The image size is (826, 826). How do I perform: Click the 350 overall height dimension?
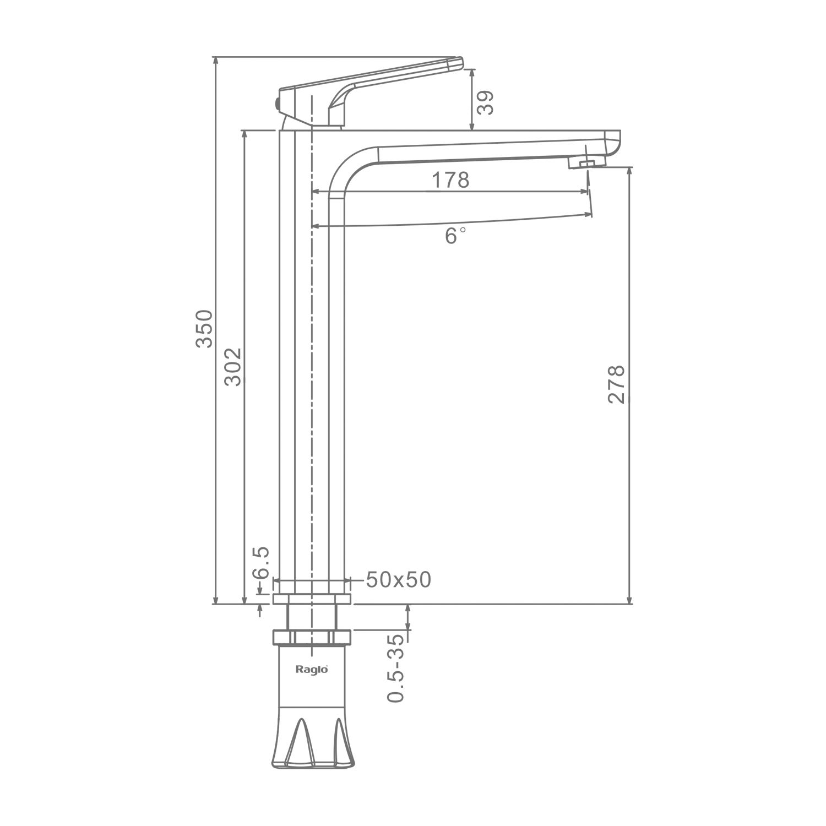pyautogui.click(x=204, y=329)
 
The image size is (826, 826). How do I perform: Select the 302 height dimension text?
pyautogui.click(x=233, y=367)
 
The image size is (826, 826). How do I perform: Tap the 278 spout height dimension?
pyautogui.click(x=617, y=384)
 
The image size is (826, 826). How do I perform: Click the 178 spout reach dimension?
pyautogui.click(x=450, y=180)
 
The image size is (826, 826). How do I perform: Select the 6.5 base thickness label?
pyautogui.click(x=261, y=562)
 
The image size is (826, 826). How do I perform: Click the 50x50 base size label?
pyautogui.click(x=398, y=579)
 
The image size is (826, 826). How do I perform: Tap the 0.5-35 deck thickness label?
pyautogui.click(x=396, y=668)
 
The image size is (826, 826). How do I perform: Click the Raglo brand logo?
pyautogui.click(x=312, y=670)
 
